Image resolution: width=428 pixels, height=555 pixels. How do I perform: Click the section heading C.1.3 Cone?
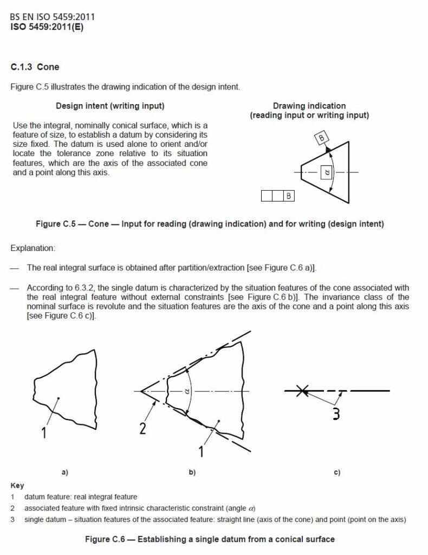[x=35, y=67]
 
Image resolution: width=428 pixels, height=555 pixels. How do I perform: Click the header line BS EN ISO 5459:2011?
[x=53, y=17]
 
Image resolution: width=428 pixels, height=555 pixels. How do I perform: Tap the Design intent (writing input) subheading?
[x=110, y=106]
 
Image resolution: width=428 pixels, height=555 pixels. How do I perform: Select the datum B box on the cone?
[x=322, y=139]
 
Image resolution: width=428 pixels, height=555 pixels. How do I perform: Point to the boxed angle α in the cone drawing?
[x=326, y=172]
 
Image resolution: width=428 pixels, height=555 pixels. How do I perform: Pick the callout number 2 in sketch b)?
[x=142, y=428]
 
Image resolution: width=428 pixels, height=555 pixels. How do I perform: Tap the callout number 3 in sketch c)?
[x=336, y=414]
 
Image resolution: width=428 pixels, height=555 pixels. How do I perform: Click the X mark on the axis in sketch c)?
[x=303, y=390]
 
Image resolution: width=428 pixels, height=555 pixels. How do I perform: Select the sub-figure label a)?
[x=64, y=472]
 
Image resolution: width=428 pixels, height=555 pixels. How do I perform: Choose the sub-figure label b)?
[x=192, y=472]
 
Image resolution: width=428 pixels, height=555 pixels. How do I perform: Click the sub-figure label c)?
[x=336, y=472]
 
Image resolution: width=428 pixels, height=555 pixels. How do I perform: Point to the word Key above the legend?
[x=17, y=486]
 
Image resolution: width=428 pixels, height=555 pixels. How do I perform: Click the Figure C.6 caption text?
[x=210, y=539]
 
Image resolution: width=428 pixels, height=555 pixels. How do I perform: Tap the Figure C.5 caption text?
[x=210, y=224]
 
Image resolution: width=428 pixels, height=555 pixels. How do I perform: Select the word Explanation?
[x=32, y=248]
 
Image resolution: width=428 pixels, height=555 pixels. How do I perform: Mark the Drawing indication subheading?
[x=309, y=106]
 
